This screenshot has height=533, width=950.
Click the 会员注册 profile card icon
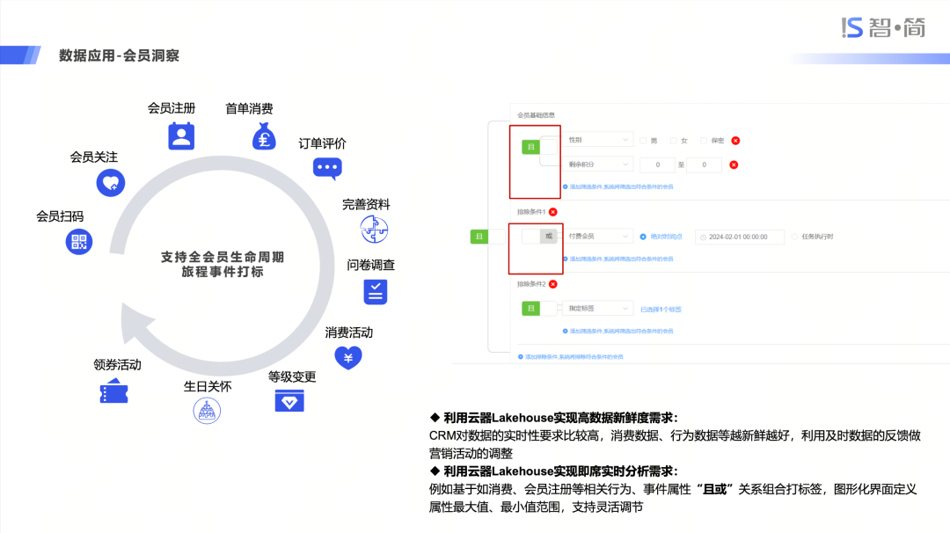(x=181, y=136)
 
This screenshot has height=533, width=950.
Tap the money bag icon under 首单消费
(x=265, y=136)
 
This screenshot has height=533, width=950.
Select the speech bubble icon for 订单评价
(x=327, y=167)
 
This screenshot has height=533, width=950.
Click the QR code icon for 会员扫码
(x=79, y=241)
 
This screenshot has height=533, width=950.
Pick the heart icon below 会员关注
(x=111, y=182)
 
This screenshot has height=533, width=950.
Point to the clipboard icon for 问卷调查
(x=376, y=291)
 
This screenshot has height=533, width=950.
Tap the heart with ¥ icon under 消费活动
(x=348, y=357)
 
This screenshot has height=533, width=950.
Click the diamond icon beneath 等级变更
(x=289, y=400)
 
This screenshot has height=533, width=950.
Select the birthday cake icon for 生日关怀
(x=207, y=410)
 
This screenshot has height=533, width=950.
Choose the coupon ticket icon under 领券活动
(x=113, y=391)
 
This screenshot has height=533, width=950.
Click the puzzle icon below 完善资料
(x=375, y=230)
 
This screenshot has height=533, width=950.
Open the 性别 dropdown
(x=598, y=140)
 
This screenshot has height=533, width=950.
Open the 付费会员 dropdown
(x=598, y=236)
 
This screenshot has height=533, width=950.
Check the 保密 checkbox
(x=704, y=140)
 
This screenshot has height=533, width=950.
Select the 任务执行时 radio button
(x=795, y=237)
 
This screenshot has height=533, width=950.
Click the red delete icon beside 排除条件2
(x=552, y=284)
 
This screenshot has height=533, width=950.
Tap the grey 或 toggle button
(x=548, y=236)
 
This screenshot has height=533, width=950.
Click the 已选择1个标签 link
(x=661, y=309)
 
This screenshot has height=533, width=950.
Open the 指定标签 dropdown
(x=598, y=309)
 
